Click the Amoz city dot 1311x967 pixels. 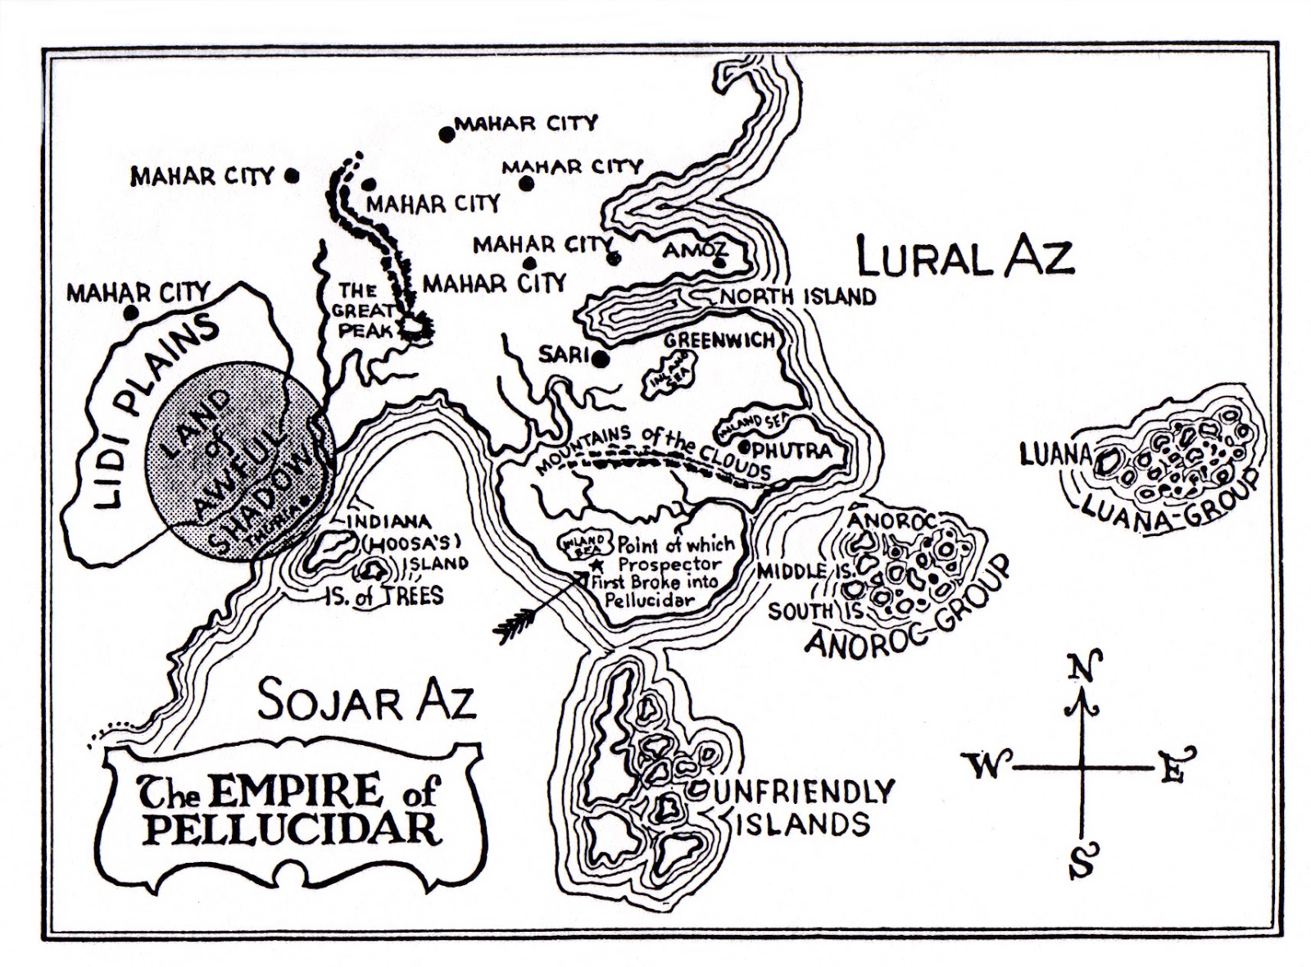click(718, 263)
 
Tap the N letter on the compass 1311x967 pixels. click(1084, 666)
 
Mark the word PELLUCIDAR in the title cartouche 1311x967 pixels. click(292, 828)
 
